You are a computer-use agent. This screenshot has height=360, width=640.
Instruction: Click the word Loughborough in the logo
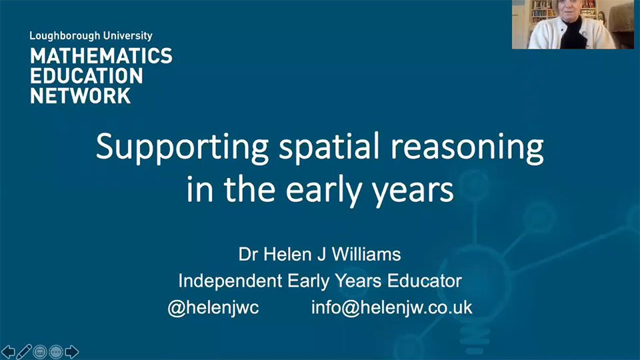(59, 36)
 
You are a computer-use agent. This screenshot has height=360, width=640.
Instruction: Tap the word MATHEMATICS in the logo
(101, 56)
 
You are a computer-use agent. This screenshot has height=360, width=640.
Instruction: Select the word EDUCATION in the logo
(87, 75)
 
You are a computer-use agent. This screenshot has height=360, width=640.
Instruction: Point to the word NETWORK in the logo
(80, 95)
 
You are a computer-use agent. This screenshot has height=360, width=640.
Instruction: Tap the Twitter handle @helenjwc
(213, 307)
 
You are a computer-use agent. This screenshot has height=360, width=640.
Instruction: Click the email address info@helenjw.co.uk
(391, 307)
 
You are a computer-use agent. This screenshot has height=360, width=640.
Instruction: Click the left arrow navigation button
(8, 351)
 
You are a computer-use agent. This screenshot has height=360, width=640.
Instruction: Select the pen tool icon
(24, 351)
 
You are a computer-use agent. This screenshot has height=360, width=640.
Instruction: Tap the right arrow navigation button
(72, 351)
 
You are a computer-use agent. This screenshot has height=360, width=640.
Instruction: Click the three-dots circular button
(56, 351)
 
